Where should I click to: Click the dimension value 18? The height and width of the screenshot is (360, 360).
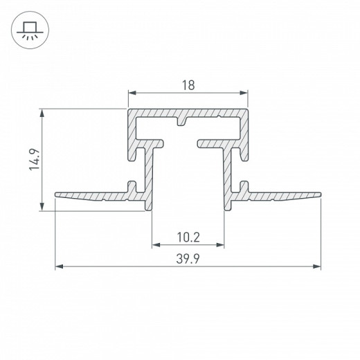pos(188,85)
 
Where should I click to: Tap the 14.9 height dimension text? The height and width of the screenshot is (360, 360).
pos(35,160)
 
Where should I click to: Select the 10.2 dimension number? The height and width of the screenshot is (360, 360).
pos(188,237)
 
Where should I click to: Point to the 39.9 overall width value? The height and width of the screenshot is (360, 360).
pos(188,259)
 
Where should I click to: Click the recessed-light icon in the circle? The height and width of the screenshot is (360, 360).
pos(30,30)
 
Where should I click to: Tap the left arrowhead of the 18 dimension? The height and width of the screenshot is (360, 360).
pos(132,93)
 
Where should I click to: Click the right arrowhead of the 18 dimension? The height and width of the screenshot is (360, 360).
pos(244,93)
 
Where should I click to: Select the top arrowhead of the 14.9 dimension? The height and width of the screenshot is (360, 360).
pos(42,113)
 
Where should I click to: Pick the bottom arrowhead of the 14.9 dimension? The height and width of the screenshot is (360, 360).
pos(42,206)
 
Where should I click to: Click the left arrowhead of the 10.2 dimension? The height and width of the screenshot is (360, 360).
pos(156,244)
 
